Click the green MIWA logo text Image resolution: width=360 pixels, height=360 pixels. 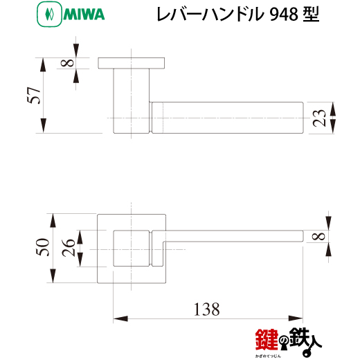click(x=84, y=14)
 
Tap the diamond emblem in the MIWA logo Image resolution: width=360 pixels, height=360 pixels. click(x=49, y=14)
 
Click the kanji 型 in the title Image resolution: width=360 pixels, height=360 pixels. click(x=311, y=15)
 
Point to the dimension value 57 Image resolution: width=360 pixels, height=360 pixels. click(x=34, y=96)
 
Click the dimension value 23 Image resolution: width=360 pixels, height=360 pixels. click(x=319, y=118)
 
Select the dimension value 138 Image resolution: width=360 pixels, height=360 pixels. click(x=206, y=309)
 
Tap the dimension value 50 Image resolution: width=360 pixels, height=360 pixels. click(x=43, y=247)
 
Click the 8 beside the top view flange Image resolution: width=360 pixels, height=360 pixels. click(x=67, y=63)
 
